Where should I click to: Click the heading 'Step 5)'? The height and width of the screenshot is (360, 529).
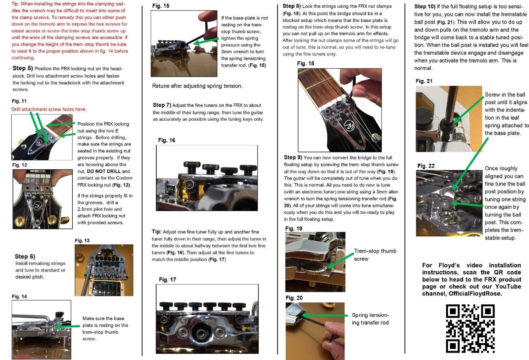[23, 68]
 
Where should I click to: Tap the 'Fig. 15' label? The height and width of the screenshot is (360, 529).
[161, 6]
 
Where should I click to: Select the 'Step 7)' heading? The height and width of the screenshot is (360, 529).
[162, 105]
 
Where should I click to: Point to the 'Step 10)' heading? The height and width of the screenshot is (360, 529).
[425, 7]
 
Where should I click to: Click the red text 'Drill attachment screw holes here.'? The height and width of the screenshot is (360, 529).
[49, 109]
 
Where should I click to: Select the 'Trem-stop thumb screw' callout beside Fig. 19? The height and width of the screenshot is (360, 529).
[375, 255]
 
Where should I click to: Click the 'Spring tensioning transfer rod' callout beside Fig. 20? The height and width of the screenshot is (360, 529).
[370, 319]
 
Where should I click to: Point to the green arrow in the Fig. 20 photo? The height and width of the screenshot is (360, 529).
[325, 315]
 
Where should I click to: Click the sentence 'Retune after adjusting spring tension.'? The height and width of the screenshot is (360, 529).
[197, 86]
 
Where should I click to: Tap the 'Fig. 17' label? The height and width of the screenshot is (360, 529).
[167, 280]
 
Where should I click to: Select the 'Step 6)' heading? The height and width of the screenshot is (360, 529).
[25, 257]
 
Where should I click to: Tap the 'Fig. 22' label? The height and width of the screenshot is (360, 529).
[426, 166]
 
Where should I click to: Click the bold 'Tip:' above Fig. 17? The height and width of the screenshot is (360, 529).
[157, 232]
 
